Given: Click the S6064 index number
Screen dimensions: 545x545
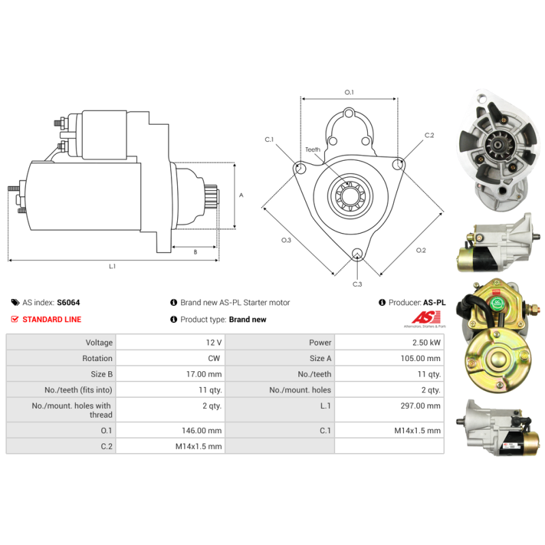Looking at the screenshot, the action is [69, 302].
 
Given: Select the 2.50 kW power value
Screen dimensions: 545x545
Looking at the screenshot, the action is [426, 343].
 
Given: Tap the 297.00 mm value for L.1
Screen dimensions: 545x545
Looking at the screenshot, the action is [420, 405].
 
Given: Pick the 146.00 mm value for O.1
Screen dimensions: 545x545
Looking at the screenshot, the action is [202, 431].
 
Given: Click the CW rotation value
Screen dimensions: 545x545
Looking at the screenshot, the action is [214, 358].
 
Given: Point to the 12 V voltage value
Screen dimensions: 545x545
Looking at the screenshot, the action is [214, 343].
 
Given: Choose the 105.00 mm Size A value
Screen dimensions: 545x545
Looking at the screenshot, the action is [420, 358].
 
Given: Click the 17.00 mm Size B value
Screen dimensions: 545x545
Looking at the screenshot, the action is [204, 374].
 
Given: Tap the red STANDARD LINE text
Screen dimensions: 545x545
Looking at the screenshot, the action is [52, 320].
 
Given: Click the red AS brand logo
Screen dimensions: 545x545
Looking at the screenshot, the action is [426, 317].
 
